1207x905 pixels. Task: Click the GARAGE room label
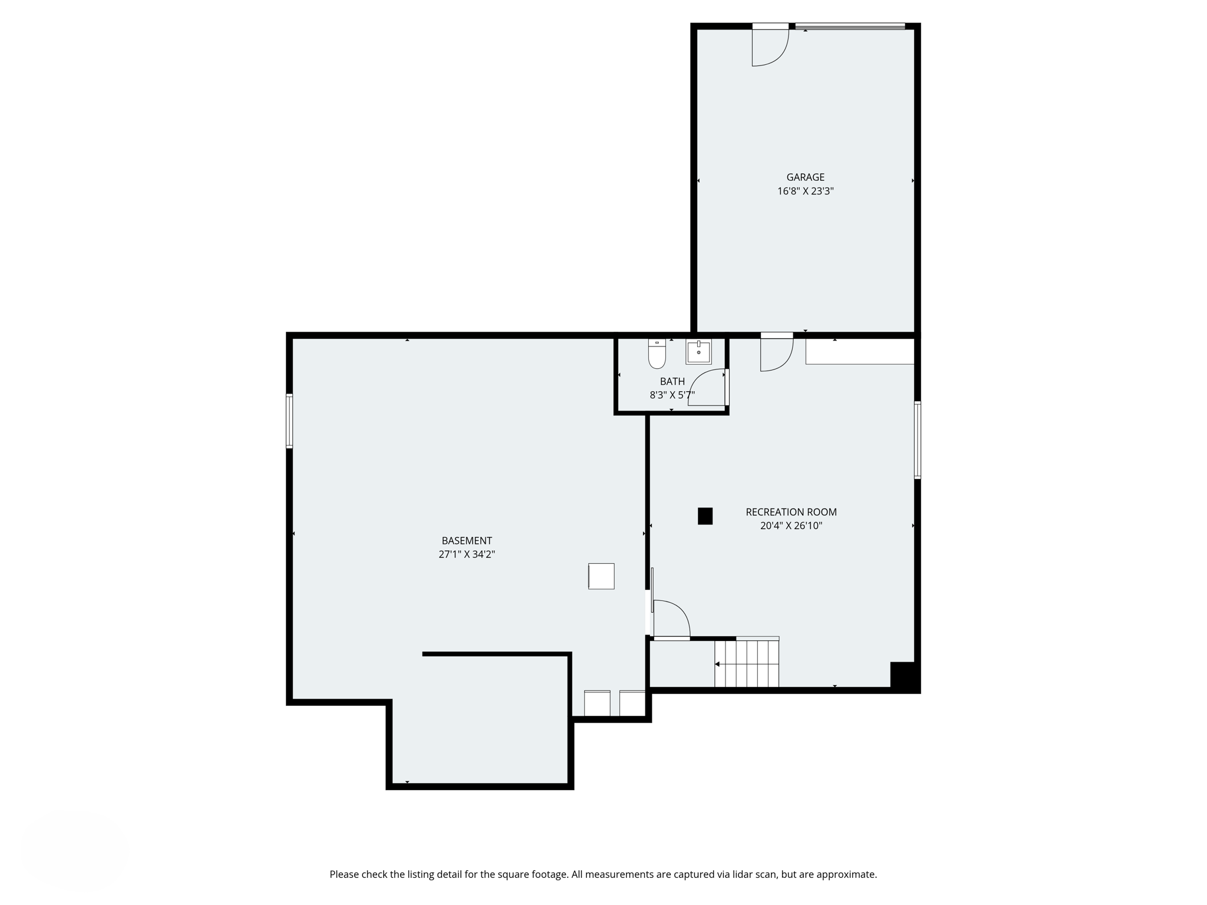805,177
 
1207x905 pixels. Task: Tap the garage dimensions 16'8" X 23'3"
805,191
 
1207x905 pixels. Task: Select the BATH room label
672,381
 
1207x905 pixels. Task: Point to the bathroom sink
698,352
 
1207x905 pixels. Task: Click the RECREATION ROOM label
791,512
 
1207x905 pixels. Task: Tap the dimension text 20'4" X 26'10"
791,526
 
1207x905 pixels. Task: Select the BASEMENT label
466,540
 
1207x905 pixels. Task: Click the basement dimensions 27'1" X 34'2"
466,554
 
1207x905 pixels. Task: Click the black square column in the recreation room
705,516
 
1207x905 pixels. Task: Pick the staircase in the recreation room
747,664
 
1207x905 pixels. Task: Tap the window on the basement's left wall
289,421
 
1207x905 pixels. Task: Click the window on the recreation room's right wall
917,440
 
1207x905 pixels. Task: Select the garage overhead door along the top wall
850,26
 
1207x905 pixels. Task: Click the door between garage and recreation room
776,352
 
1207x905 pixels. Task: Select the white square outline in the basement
601,576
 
